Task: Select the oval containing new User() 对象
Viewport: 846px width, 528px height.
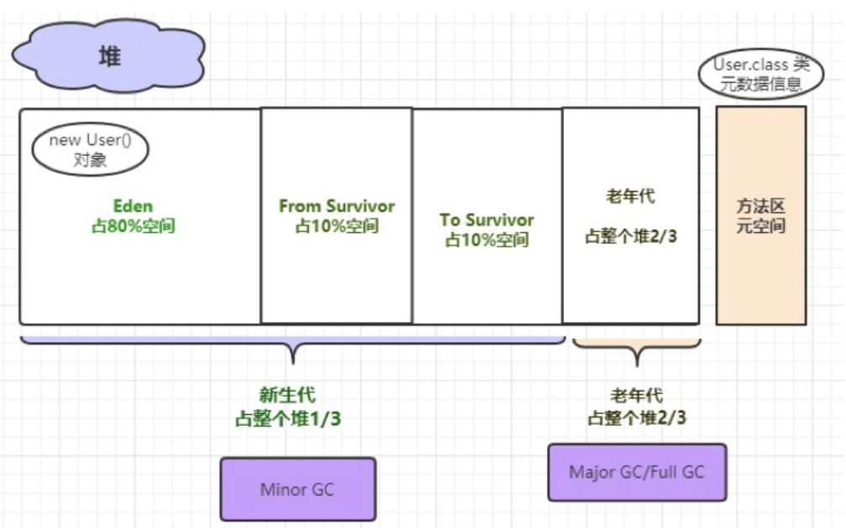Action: coord(90,150)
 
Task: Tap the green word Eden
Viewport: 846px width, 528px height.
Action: coord(133,206)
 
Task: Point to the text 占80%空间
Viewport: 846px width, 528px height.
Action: coord(133,225)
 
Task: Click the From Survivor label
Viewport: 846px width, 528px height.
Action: coord(337,206)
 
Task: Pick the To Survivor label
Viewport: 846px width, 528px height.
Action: coord(487,220)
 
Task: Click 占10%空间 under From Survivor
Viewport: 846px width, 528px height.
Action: coord(337,226)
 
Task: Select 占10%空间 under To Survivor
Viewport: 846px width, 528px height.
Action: coord(487,240)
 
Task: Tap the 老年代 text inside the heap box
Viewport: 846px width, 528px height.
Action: coord(630,197)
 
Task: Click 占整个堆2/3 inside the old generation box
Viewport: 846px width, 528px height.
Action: coord(630,237)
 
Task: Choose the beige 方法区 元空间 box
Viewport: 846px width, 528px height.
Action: coord(760,215)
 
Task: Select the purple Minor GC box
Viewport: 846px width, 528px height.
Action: coord(297,489)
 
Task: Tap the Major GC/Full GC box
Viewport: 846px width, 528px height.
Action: coord(636,472)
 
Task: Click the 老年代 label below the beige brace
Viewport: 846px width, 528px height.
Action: coord(636,396)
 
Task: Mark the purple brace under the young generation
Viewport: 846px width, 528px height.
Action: coord(292,344)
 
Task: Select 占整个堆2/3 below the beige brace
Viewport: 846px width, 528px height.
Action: coord(636,417)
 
